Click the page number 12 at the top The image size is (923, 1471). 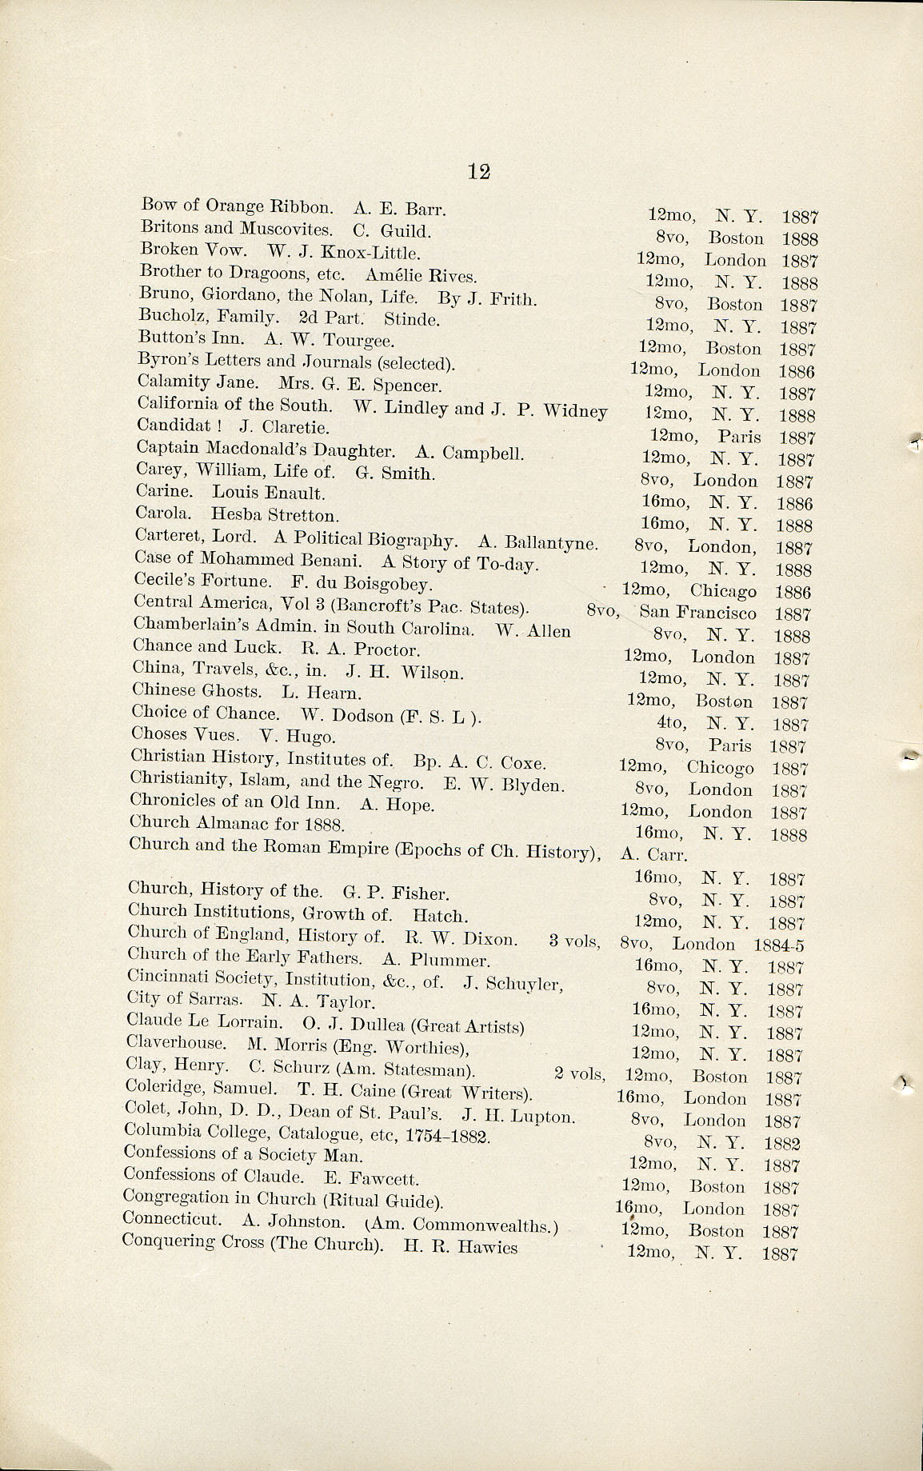478,171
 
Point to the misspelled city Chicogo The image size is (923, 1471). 720,767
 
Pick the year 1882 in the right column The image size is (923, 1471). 781,1144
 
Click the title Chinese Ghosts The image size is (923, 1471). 196,691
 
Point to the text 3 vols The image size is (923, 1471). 574,941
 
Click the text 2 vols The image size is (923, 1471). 579,1073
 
